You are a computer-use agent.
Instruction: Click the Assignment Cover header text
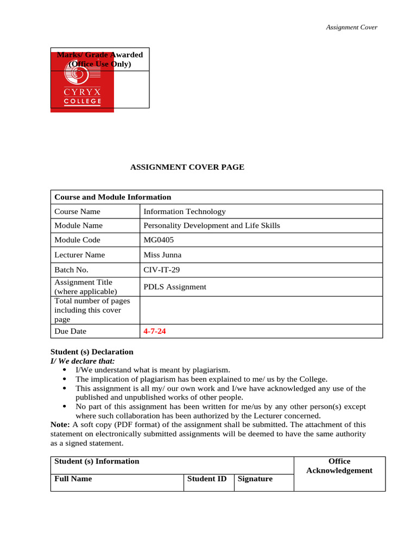pyautogui.click(x=351, y=27)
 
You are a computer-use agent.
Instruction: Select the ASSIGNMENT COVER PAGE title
pyautogui.click(x=187, y=167)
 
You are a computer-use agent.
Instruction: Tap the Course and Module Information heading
pyautogui.click(x=113, y=197)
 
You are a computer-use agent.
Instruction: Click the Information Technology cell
pyautogui.click(x=184, y=211)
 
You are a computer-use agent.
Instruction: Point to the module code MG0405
pyautogui.click(x=159, y=240)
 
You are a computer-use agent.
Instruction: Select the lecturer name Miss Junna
pyautogui.click(x=162, y=255)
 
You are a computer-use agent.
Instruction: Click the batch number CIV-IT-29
pyautogui.click(x=161, y=269)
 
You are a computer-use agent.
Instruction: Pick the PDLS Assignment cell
pyautogui.click(x=175, y=287)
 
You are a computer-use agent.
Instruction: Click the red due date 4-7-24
pyautogui.click(x=155, y=331)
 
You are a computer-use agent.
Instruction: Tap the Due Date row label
pyautogui.click(x=71, y=331)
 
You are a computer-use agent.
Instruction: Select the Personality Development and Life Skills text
pyautogui.click(x=212, y=225)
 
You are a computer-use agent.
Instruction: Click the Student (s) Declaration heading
pyautogui.click(x=92, y=352)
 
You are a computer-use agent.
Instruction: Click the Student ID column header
pyautogui.click(x=207, y=479)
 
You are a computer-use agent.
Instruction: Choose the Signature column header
pyautogui.click(x=255, y=479)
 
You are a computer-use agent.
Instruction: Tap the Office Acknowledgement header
pyautogui.click(x=339, y=466)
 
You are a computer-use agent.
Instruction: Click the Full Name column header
pyautogui.click(x=73, y=479)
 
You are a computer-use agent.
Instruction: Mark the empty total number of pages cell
pyautogui.click(x=261, y=310)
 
